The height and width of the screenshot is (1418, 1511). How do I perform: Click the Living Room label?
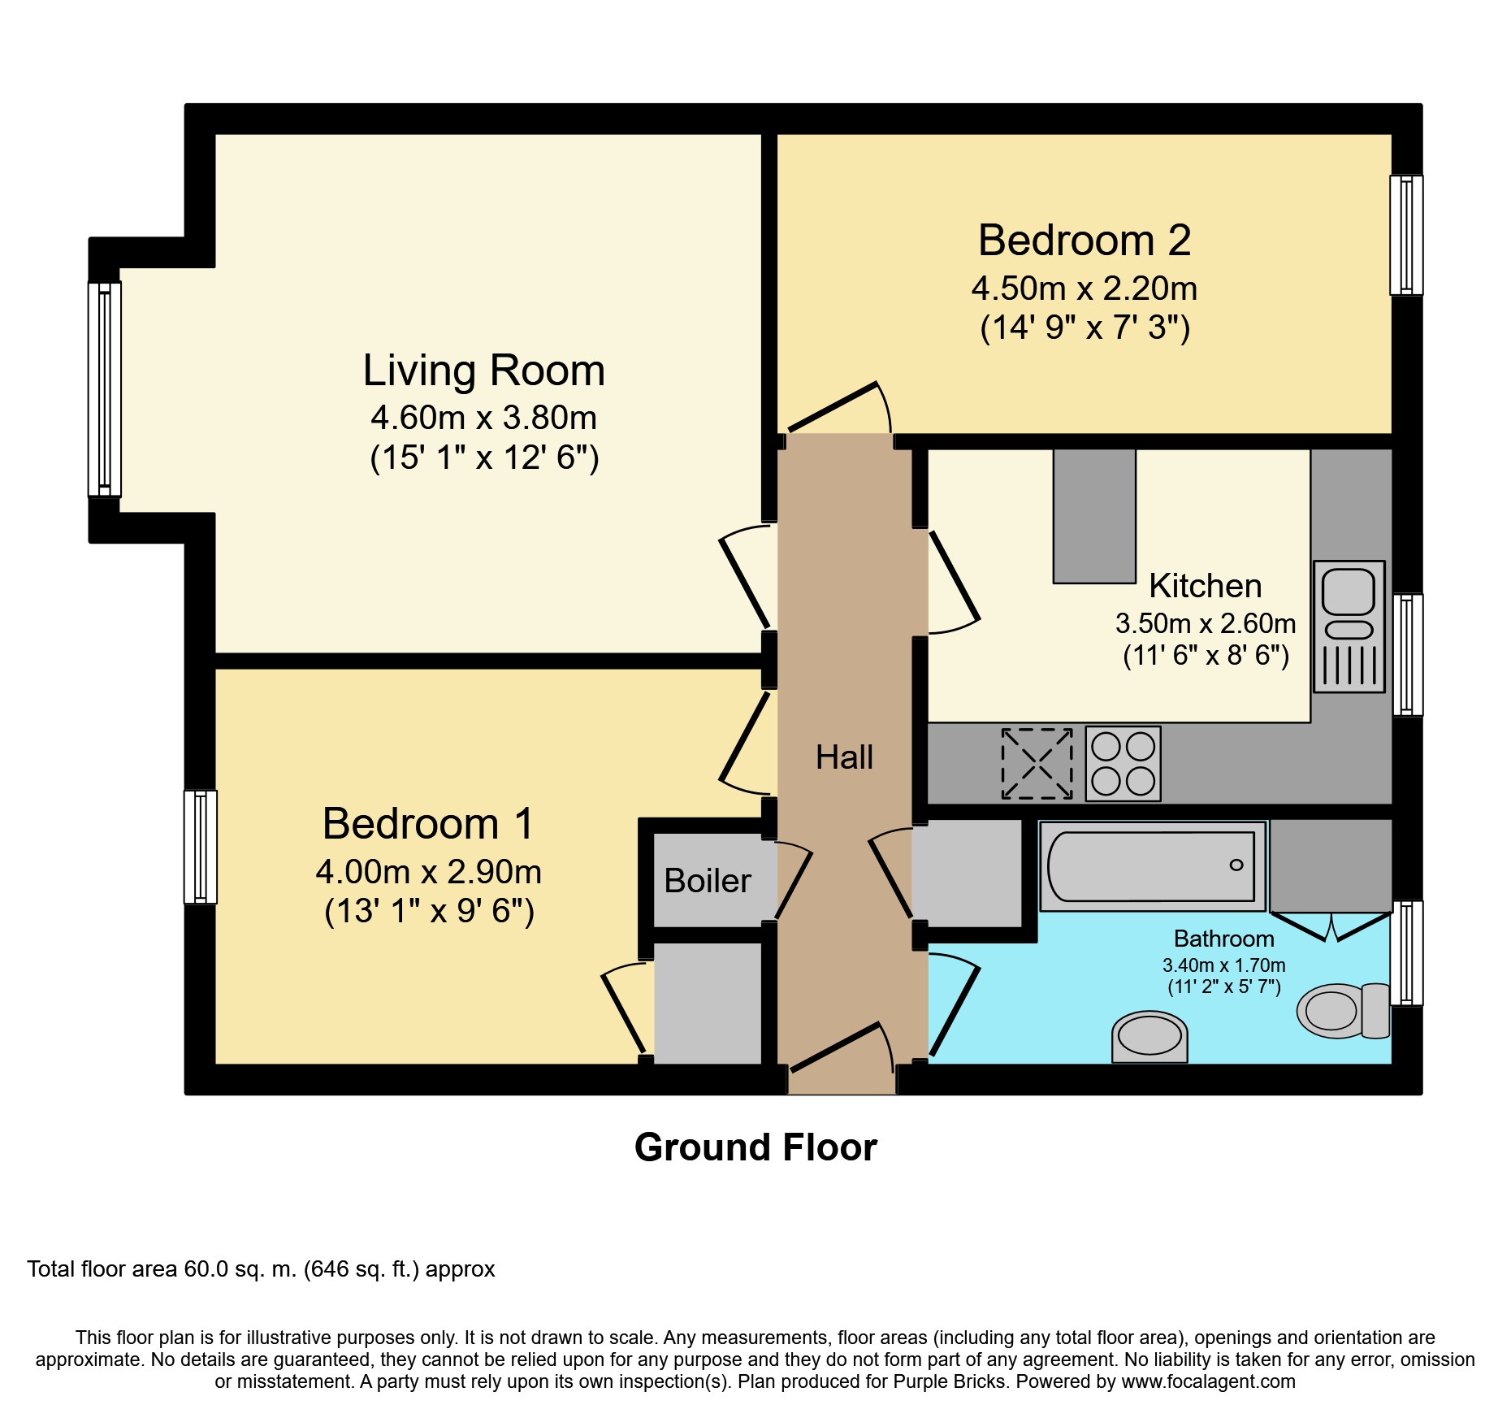tap(484, 371)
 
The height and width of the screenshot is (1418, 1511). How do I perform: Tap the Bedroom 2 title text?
tap(1085, 241)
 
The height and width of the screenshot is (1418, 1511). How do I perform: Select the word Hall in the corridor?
tap(844, 757)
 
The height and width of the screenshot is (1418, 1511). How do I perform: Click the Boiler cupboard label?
tap(708, 881)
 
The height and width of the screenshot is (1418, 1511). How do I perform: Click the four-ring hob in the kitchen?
tap(1124, 764)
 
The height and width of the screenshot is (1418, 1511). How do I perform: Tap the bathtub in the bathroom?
tap(1153, 866)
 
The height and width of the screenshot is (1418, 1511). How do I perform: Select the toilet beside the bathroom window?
tap(1344, 1011)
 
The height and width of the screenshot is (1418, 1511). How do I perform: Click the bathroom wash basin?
tap(1149, 1036)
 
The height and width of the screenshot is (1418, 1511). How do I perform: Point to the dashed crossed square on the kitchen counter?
tap(1037, 764)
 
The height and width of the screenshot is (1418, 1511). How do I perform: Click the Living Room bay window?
tap(104, 389)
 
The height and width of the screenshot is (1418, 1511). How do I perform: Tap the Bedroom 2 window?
tap(1406, 235)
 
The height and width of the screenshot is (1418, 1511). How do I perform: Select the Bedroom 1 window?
tap(200, 848)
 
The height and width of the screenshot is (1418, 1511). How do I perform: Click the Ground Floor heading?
tap(755, 1147)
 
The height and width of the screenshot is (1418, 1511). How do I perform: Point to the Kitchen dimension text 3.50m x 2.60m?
tap(1206, 623)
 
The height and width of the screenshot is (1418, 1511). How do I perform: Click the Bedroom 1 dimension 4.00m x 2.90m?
tap(429, 872)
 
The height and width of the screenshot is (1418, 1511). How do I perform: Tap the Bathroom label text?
tap(1224, 939)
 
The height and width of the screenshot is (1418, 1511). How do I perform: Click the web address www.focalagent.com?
tap(1209, 1381)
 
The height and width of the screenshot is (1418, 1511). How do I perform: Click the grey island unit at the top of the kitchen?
tap(1094, 516)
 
